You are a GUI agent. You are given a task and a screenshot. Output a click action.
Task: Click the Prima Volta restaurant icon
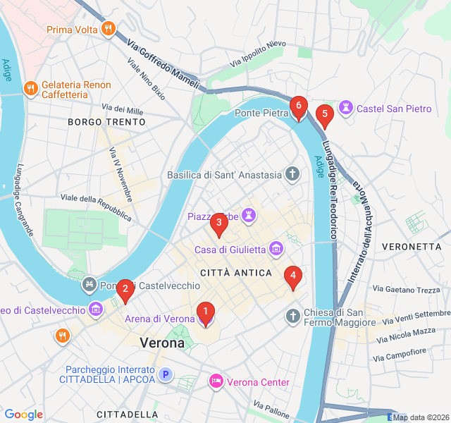pos(107,29)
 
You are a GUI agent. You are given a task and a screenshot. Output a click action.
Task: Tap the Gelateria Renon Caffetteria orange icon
pos(30,89)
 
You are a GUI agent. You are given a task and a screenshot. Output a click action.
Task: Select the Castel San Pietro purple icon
pos(345,109)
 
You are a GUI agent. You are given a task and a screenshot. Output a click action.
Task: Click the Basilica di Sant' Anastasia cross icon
pos(292,174)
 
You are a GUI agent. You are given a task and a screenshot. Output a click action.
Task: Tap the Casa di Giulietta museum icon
pos(276,249)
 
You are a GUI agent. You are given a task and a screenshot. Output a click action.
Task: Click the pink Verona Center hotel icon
pos(216,381)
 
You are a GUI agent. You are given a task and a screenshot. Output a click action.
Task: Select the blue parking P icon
pos(166,375)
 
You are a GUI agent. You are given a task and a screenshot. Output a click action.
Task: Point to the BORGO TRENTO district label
pos(106,122)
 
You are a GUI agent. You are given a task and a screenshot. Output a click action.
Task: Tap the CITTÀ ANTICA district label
pos(236,273)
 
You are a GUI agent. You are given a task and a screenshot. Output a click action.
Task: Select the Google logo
pos(23,415)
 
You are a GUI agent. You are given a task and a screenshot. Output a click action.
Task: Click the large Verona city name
pos(162,343)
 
